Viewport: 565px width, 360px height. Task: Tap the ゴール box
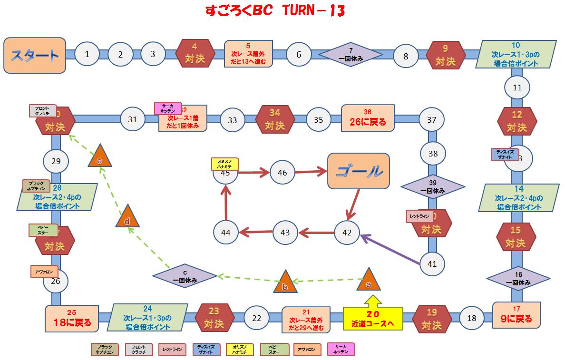click(359, 171)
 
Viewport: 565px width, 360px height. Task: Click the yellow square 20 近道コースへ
click(373, 319)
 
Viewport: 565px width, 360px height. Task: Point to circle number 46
click(282, 173)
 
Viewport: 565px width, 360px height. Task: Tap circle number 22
click(257, 319)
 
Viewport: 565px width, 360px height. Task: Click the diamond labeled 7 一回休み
click(350, 55)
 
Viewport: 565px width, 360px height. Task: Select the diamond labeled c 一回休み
click(185, 276)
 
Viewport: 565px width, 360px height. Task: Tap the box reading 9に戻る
click(516, 314)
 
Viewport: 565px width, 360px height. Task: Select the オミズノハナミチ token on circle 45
click(224, 164)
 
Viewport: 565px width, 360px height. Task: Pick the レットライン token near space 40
click(420, 216)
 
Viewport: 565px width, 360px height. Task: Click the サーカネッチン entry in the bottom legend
click(341, 350)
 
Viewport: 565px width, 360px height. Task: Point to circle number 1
click(87, 54)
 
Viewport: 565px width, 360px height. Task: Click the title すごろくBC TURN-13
click(275, 11)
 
